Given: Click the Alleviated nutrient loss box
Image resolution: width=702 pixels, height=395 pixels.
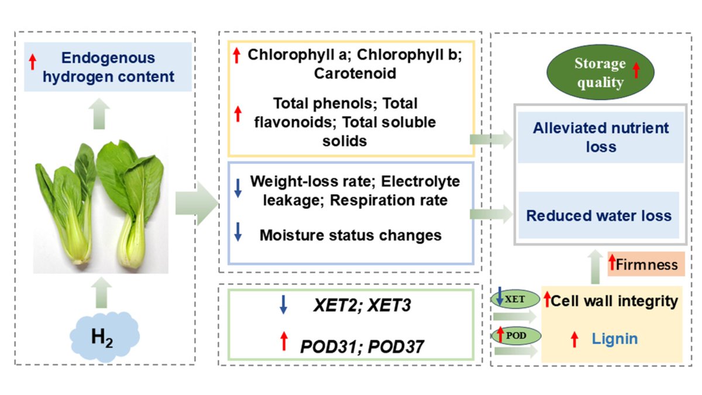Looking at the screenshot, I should [601, 137].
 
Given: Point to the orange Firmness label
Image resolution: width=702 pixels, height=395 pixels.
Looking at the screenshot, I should [646, 265].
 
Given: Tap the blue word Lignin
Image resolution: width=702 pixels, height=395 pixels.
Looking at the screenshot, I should [614, 339].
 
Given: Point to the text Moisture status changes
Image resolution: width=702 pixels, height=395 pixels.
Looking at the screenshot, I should [350, 235].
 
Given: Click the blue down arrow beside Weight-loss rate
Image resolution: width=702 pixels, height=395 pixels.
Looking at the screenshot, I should [238, 188].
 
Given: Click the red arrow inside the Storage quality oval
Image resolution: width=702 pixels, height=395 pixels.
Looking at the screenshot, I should [636, 71].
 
